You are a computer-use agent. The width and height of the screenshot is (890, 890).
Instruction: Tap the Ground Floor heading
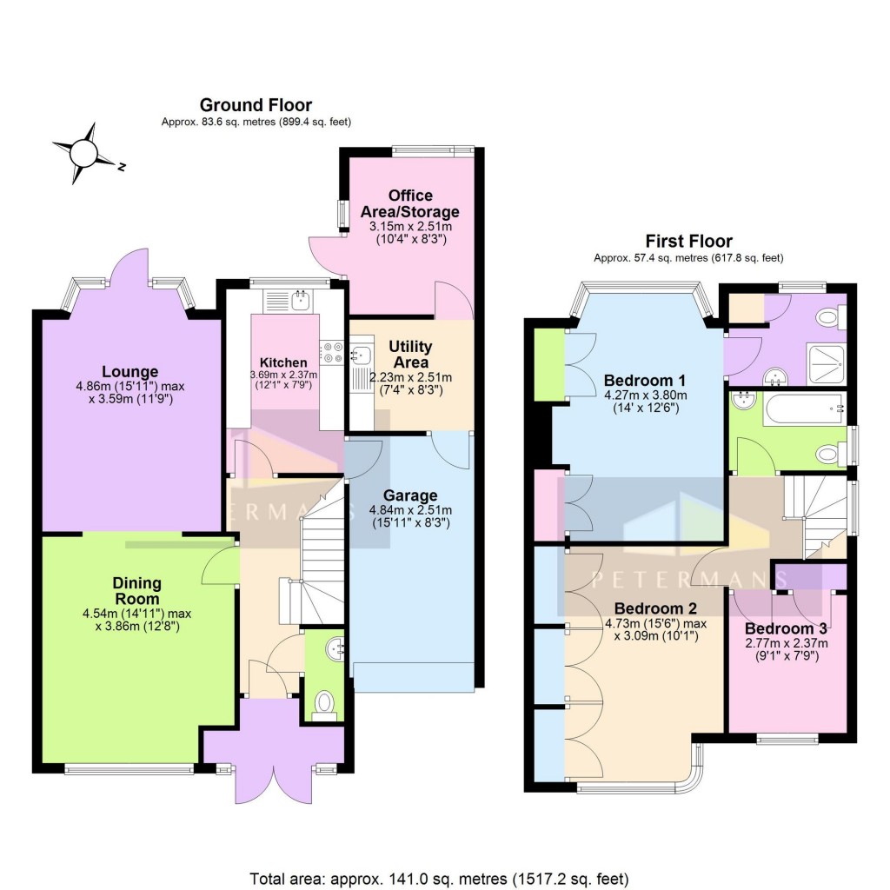pos(256,105)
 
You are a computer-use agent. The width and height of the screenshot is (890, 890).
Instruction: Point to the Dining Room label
pos(136,591)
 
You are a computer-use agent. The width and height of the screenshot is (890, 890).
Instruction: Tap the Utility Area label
pos(412,354)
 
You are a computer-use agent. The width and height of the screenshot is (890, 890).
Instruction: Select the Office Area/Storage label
pos(411,203)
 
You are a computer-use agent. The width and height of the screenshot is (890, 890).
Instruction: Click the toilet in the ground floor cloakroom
pos(324,702)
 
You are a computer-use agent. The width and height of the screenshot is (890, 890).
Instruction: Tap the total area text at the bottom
pos(439,877)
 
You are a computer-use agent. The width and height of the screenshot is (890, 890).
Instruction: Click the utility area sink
pos(362,354)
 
